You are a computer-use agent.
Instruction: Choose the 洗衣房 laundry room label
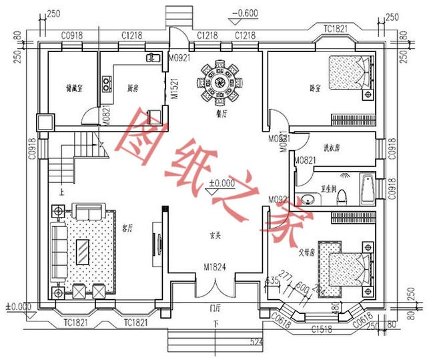coord(332,148)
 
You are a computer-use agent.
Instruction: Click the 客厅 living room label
coord(127,228)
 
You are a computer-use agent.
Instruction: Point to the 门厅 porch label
coord(215,308)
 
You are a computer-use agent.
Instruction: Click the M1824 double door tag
coord(215,268)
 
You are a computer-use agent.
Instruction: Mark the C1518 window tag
coord(323,329)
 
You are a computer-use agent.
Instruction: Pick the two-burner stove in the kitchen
coord(106,83)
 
